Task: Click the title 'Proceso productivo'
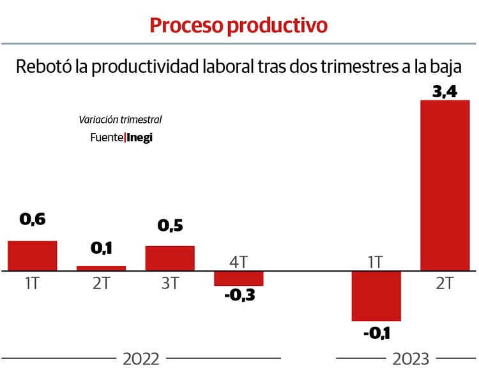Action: coord(238,25)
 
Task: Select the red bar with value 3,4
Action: coord(445,185)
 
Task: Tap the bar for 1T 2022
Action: coord(33,256)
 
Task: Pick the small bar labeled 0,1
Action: coord(101,269)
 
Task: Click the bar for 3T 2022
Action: coord(170,258)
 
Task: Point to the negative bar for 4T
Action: coord(238,279)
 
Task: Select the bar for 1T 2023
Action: coord(376,296)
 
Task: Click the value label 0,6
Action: coord(33,219)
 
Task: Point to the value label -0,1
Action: coord(376,333)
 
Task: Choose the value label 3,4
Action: coord(445,91)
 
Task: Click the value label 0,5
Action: coord(170,226)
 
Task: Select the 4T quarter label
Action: coord(238,262)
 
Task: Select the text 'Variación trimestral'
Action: coord(120,120)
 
